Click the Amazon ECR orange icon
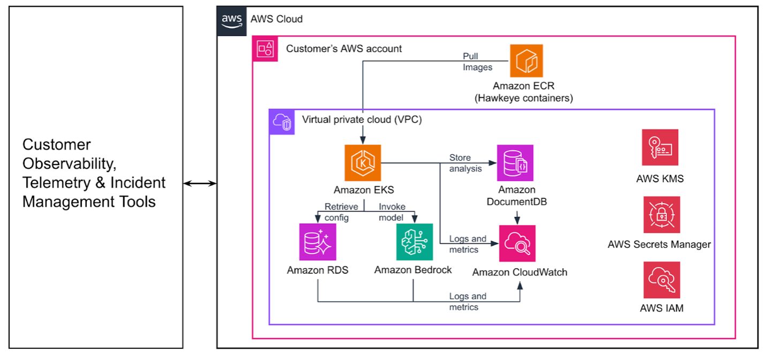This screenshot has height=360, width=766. click(x=526, y=61)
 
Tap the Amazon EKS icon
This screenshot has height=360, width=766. click(x=363, y=163)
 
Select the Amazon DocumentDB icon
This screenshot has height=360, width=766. click(x=515, y=163)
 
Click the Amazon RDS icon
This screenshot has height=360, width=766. click(x=318, y=242)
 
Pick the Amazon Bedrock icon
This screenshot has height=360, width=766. click(x=414, y=242)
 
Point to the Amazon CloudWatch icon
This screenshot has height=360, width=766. click(x=517, y=243)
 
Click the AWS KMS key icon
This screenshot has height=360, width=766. click(x=660, y=147)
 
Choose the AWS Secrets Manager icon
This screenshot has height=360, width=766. click(x=662, y=214)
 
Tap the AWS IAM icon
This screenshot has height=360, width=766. click(x=662, y=280)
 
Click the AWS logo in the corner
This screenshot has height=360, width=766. click(x=232, y=19)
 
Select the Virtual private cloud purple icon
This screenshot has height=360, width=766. click(x=282, y=122)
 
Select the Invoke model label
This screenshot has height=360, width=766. click(x=392, y=212)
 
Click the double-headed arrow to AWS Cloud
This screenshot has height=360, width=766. click(x=200, y=184)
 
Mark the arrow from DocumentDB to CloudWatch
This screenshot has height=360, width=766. click(x=517, y=217)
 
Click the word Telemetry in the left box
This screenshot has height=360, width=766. click(x=53, y=183)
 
